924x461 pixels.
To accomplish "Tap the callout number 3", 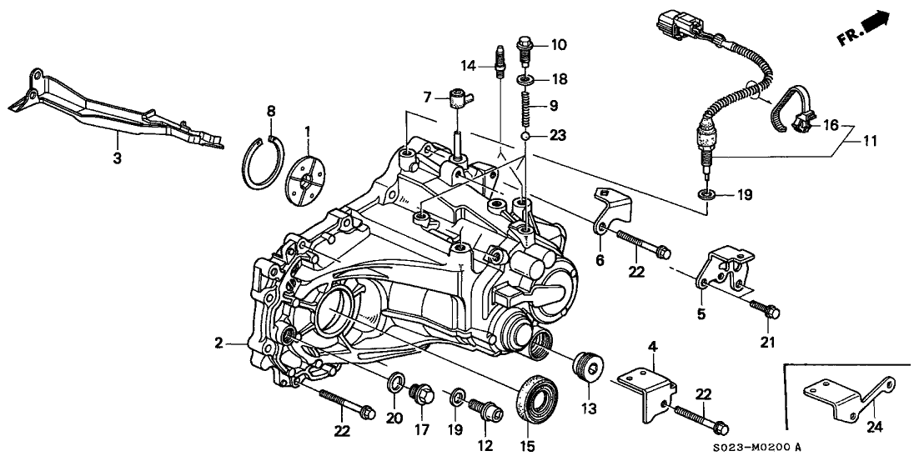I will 118,157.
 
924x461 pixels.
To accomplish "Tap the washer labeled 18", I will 527,79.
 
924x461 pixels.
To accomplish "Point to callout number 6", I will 598,259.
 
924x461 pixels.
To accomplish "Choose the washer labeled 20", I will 395,384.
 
